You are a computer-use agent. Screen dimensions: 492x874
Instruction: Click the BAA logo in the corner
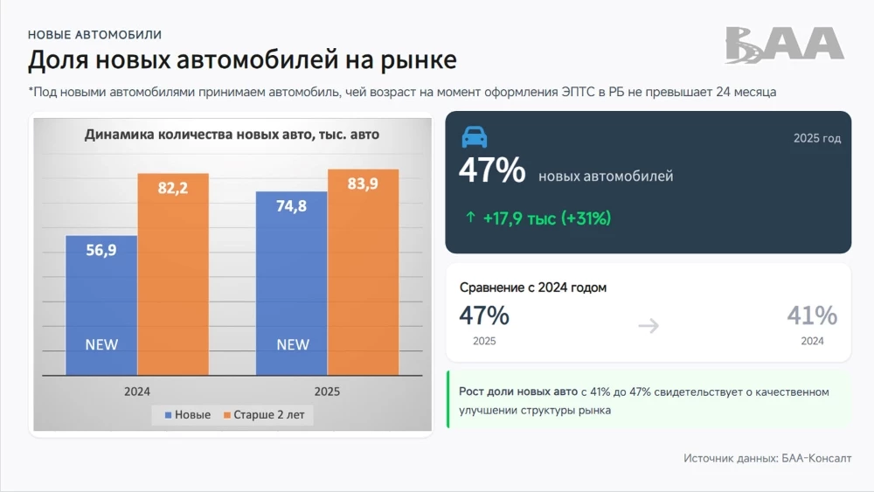pos(784,45)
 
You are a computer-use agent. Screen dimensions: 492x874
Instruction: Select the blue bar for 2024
pos(101,305)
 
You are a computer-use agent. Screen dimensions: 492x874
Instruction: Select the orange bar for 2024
pos(173,274)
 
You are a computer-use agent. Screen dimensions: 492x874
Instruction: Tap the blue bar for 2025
pos(291,283)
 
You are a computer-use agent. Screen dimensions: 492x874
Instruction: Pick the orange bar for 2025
pos(363,272)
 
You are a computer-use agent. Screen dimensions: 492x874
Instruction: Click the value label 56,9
pos(101,250)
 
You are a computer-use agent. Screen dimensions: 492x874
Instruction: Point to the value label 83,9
pos(363,184)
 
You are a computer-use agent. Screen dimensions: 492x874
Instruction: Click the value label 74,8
pos(291,206)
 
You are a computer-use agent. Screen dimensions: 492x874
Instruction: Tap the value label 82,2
pos(173,188)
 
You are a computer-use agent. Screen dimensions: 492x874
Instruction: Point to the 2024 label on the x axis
pos(137,392)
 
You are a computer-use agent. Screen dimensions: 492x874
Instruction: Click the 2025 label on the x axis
pos(327,392)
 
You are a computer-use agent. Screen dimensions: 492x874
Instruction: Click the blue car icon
pos(474,136)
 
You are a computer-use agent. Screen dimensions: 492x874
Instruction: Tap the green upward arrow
pos(470,218)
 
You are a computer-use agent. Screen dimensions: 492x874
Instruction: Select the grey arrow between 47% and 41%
pos(648,326)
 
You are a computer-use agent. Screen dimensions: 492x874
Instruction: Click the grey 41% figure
pos(812,315)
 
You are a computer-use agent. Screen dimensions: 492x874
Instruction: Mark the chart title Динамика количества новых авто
pos(232,135)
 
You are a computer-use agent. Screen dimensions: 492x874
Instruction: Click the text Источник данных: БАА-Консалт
pos(766,458)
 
